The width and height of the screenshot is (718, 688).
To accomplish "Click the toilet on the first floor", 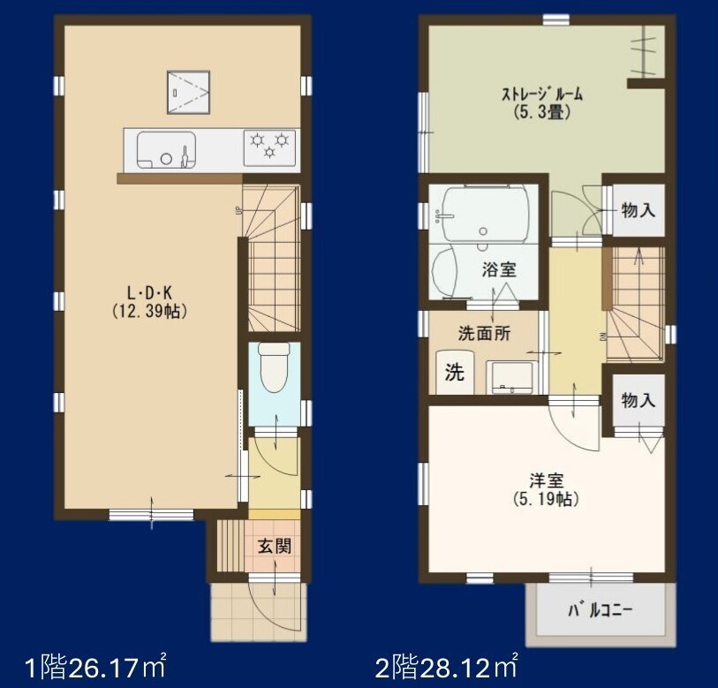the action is [x=274, y=367].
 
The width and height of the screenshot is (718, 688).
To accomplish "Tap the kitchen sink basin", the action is [x=166, y=149].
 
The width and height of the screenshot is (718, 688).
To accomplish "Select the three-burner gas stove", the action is [x=269, y=147].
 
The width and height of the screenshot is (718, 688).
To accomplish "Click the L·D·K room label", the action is [x=149, y=292].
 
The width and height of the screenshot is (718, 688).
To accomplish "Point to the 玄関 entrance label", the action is [x=274, y=546].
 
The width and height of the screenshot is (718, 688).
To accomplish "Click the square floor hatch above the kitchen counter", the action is [x=188, y=92].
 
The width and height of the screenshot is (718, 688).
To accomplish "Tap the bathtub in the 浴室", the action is [x=485, y=213].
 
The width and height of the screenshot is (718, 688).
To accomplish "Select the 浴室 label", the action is [x=499, y=269].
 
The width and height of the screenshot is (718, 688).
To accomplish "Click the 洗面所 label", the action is [x=485, y=334].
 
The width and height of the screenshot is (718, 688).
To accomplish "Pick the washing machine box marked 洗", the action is [x=454, y=372].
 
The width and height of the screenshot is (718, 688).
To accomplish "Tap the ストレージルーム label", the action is [x=542, y=95].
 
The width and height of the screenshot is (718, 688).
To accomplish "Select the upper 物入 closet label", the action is [x=638, y=211].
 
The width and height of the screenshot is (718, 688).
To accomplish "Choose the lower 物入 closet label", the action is [x=638, y=400].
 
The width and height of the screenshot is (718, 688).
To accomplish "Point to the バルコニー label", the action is [x=600, y=610].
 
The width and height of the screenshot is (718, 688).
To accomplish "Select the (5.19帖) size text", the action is [x=547, y=499].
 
